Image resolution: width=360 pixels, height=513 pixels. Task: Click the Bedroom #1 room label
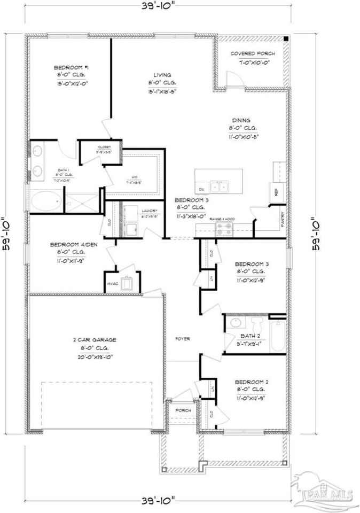coord(71,67)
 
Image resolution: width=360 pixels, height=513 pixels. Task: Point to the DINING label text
coord(241,121)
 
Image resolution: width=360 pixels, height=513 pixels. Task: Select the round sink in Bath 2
coord(234,324)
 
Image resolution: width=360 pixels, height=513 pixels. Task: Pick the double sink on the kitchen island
coord(220,187)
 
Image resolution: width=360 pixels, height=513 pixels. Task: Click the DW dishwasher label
coord(201,190)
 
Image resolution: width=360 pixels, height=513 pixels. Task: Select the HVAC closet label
coord(112,284)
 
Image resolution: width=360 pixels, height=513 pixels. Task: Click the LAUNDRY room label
coord(147,211)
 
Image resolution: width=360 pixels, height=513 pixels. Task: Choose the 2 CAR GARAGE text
coord(95,340)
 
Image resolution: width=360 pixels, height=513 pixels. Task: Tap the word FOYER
coord(183,339)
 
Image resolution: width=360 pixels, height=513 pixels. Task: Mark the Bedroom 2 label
coord(251,382)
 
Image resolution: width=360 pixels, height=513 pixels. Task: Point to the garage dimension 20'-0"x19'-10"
coord(95,356)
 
